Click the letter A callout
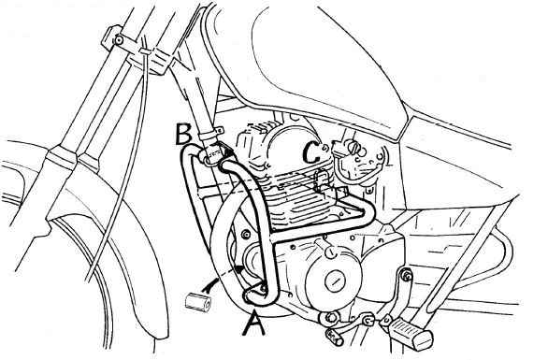tap(254, 324)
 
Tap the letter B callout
tap(184, 134)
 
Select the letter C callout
tap(311, 152)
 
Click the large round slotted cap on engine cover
tap(336, 281)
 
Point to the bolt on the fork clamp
tap(119, 40)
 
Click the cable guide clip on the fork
tap(145, 51)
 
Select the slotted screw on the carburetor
tap(355, 149)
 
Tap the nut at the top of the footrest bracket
tap(406, 276)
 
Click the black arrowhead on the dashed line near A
tap(239, 268)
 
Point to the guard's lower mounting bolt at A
tap(263, 289)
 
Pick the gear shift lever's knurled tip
tap(335, 338)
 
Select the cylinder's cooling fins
tap(297, 199)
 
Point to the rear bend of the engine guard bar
tap(367, 212)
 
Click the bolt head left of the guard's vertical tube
tap(247, 234)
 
